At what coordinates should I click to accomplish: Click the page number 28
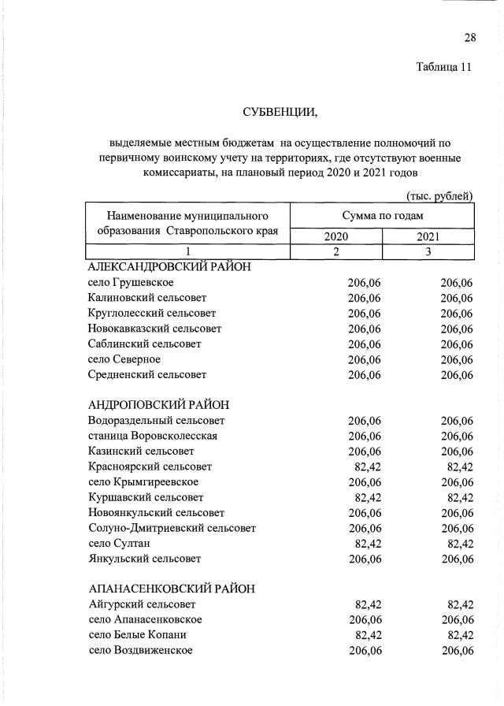click(470, 38)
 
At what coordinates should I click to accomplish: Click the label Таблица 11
click(443, 67)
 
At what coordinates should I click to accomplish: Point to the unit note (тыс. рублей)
click(439, 195)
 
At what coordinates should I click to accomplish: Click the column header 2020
click(335, 236)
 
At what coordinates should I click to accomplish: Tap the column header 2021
click(428, 236)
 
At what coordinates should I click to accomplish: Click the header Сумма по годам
click(382, 215)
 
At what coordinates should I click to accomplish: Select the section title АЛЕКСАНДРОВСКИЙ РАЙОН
click(169, 267)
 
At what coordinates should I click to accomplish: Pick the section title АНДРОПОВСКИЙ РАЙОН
click(158, 405)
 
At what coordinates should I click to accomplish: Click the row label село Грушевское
click(131, 282)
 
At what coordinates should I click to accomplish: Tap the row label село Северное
click(124, 359)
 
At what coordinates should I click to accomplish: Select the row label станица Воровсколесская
click(153, 436)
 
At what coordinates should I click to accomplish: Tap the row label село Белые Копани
click(137, 635)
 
